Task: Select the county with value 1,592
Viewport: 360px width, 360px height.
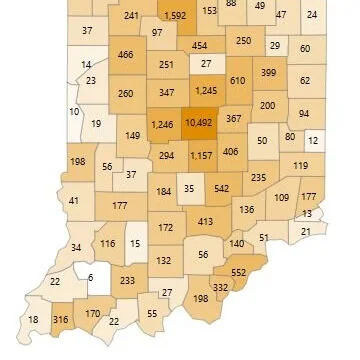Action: click(173, 15)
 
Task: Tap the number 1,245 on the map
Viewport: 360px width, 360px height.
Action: click(206, 91)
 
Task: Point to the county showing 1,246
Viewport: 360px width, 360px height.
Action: click(161, 123)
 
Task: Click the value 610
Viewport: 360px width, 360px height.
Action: click(237, 80)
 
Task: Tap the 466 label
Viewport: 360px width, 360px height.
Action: click(125, 55)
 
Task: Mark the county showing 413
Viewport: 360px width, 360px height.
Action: click(205, 221)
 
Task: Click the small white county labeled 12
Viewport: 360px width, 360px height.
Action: click(313, 141)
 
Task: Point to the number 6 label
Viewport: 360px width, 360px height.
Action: click(89, 277)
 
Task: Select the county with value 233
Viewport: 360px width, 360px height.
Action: click(127, 282)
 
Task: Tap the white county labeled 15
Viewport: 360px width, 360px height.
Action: click(135, 244)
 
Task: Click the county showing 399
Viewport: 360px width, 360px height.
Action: click(269, 72)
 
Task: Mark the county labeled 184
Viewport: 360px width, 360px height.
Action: click(164, 191)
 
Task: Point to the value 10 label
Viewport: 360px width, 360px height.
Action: click(74, 110)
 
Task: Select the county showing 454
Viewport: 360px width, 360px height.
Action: click(199, 46)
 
